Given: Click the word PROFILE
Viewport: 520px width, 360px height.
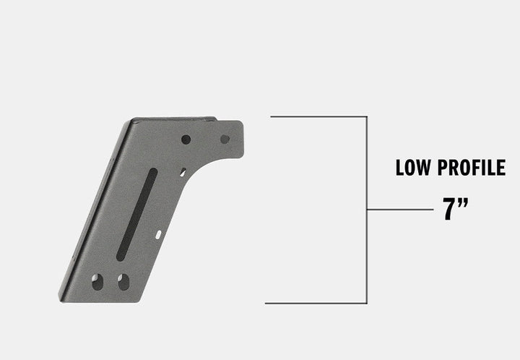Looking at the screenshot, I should [472, 168].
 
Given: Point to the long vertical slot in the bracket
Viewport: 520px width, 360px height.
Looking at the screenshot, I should [136, 214].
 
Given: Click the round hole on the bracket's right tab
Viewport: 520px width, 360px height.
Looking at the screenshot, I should [225, 139].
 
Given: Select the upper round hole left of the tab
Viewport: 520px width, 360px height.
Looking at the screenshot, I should [186, 139].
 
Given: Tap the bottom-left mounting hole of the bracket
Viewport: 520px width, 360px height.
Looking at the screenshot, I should [97, 281].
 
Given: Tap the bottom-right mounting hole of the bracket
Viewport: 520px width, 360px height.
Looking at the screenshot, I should [123, 281].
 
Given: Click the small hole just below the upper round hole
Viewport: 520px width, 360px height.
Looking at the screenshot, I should [183, 172].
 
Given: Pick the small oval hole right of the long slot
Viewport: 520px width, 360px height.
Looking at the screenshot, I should [158, 234].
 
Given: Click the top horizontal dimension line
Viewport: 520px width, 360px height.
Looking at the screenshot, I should [318, 116].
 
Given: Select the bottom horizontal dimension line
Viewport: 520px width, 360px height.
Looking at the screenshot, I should [316, 303].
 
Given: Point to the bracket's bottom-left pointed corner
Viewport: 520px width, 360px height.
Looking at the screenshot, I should [61, 298].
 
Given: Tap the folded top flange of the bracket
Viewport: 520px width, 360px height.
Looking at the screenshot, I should [173, 119].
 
